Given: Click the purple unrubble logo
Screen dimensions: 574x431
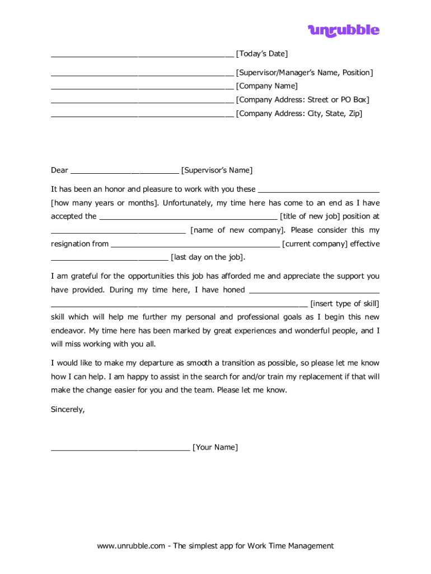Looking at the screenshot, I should coord(343,31).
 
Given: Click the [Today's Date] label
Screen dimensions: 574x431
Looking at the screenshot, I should coord(262,54).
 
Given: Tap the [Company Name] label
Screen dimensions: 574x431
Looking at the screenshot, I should coord(267,86).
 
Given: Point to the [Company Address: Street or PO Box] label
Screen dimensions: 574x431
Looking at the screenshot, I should coord(303,100).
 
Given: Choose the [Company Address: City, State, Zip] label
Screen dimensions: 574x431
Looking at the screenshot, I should coord(299,114).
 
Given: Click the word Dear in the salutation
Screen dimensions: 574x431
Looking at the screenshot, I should coord(59,170).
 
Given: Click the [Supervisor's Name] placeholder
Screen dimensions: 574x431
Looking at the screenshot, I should coord(217,170).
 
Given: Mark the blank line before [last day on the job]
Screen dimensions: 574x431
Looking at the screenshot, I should coord(109,259).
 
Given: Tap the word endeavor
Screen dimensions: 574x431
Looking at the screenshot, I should coord(68,331).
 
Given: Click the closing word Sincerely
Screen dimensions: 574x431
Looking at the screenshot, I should coord(68,410).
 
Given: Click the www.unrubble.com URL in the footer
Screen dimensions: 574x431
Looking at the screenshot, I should coord(130,546).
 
